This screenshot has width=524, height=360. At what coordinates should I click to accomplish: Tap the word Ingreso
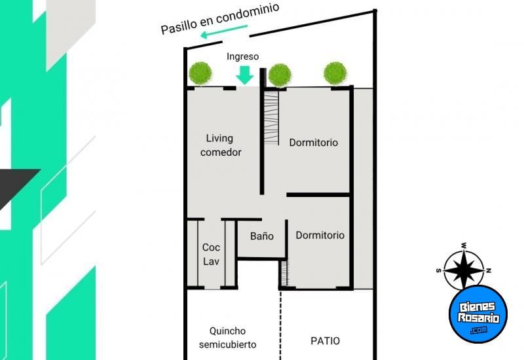[242, 56]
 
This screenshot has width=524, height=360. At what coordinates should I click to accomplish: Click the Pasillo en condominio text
[220, 18]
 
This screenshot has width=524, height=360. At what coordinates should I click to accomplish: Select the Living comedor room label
[221, 145]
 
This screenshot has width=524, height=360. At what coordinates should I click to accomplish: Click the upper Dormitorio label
[314, 142]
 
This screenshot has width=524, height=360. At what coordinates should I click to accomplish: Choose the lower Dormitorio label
[320, 235]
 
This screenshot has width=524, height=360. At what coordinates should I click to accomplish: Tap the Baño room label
[261, 236]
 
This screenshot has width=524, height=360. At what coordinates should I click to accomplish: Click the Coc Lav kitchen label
[211, 255]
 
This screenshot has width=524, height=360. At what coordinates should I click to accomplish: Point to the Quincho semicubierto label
[229, 338]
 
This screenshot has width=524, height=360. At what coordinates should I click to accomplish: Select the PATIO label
[325, 341]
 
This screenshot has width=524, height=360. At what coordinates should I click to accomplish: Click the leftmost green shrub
[200, 73]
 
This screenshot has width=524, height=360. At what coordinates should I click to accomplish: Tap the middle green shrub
[280, 74]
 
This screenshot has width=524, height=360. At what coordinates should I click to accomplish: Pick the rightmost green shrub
[335, 73]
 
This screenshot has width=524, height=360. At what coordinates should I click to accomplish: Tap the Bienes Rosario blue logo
[478, 314]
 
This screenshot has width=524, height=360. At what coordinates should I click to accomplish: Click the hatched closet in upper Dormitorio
[272, 118]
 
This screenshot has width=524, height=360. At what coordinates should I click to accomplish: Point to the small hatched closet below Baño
[284, 273]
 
